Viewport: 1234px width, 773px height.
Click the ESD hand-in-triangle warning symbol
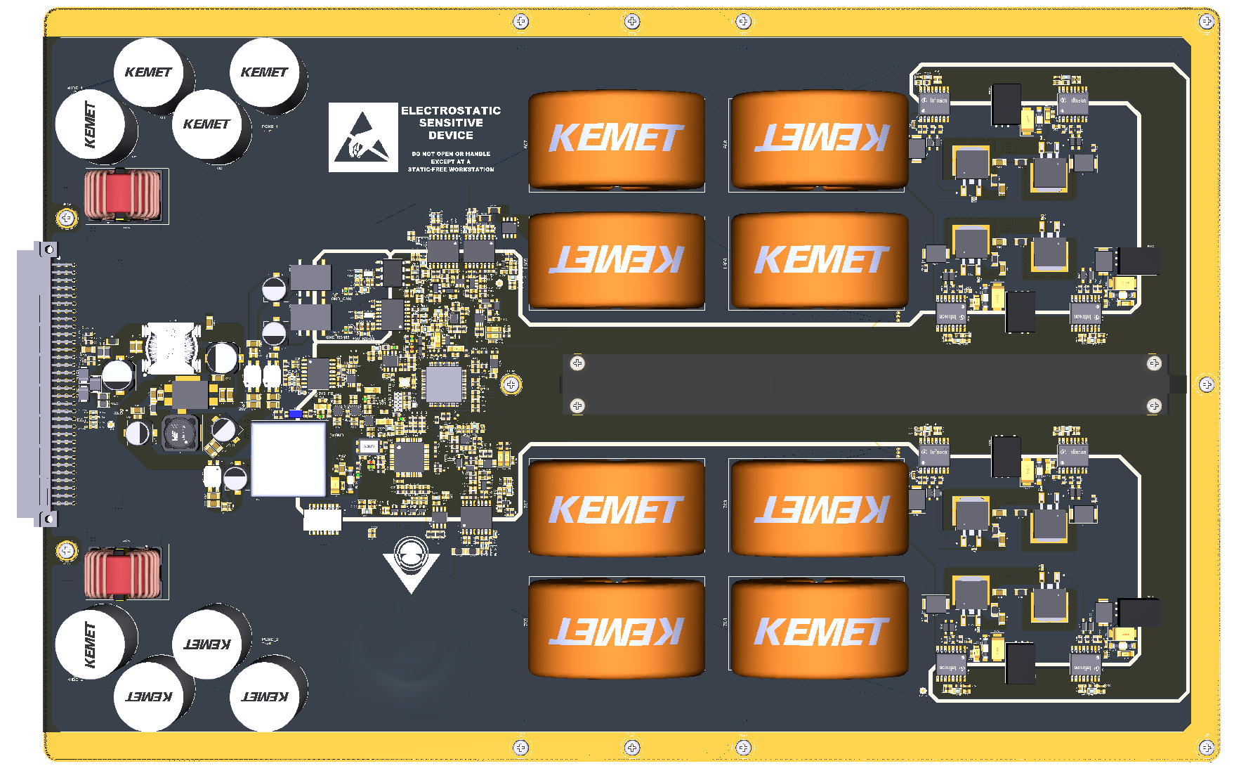(362, 138)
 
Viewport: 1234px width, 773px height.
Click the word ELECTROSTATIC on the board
(451, 110)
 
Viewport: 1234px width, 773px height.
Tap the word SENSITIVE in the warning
(451, 122)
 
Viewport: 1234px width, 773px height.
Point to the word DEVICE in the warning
(451, 135)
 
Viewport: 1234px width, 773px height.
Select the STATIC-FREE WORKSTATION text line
(451, 169)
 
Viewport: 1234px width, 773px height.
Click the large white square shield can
(289, 459)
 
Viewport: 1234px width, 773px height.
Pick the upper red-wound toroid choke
(122, 195)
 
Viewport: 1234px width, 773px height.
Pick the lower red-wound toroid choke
(122, 573)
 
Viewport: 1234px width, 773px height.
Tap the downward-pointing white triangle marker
(411, 569)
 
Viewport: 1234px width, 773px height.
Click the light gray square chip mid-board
(444, 384)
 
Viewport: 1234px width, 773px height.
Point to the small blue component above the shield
(296, 414)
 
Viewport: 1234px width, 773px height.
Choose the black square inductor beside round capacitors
(180, 434)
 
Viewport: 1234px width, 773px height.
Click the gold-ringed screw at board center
(511, 384)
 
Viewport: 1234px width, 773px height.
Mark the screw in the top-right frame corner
(1207, 21)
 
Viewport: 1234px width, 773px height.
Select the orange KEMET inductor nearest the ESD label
(616, 139)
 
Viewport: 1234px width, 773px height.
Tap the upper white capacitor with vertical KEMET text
(90, 124)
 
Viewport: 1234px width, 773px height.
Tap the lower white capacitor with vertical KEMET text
(90, 643)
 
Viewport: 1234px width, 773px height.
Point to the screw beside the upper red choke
(67, 218)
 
